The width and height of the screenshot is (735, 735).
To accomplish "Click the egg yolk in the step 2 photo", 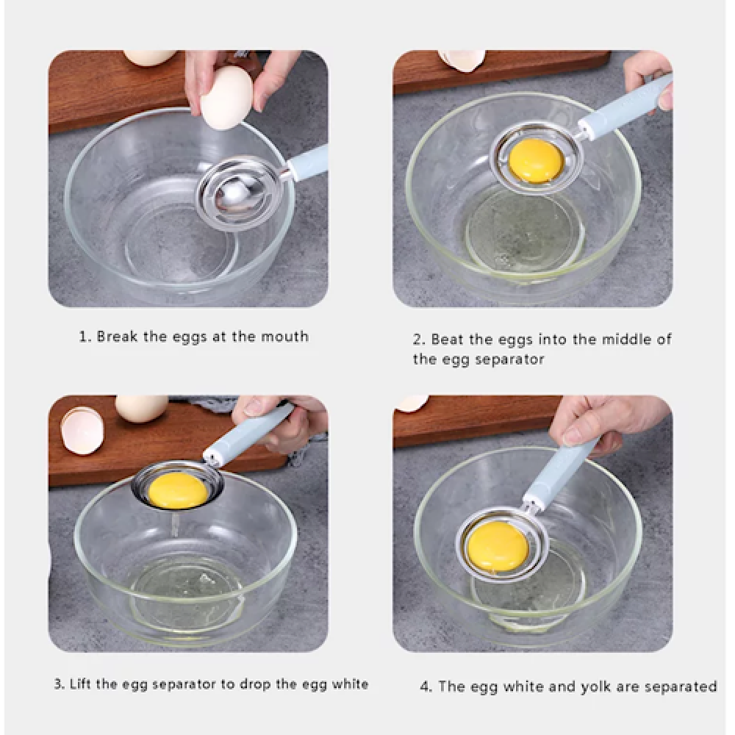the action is [x=536, y=160].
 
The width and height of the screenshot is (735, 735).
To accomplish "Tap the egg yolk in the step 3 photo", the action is [x=178, y=490].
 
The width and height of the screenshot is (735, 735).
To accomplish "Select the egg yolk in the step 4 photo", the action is [x=498, y=545].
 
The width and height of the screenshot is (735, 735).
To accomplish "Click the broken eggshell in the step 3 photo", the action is [x=82, y=430].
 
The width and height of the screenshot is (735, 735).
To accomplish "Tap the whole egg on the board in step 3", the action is [x=140, y=408].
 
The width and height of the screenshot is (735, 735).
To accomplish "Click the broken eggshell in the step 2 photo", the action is [x=462, y=60].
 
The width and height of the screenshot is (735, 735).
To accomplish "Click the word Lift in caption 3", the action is [x=80, y=684].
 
